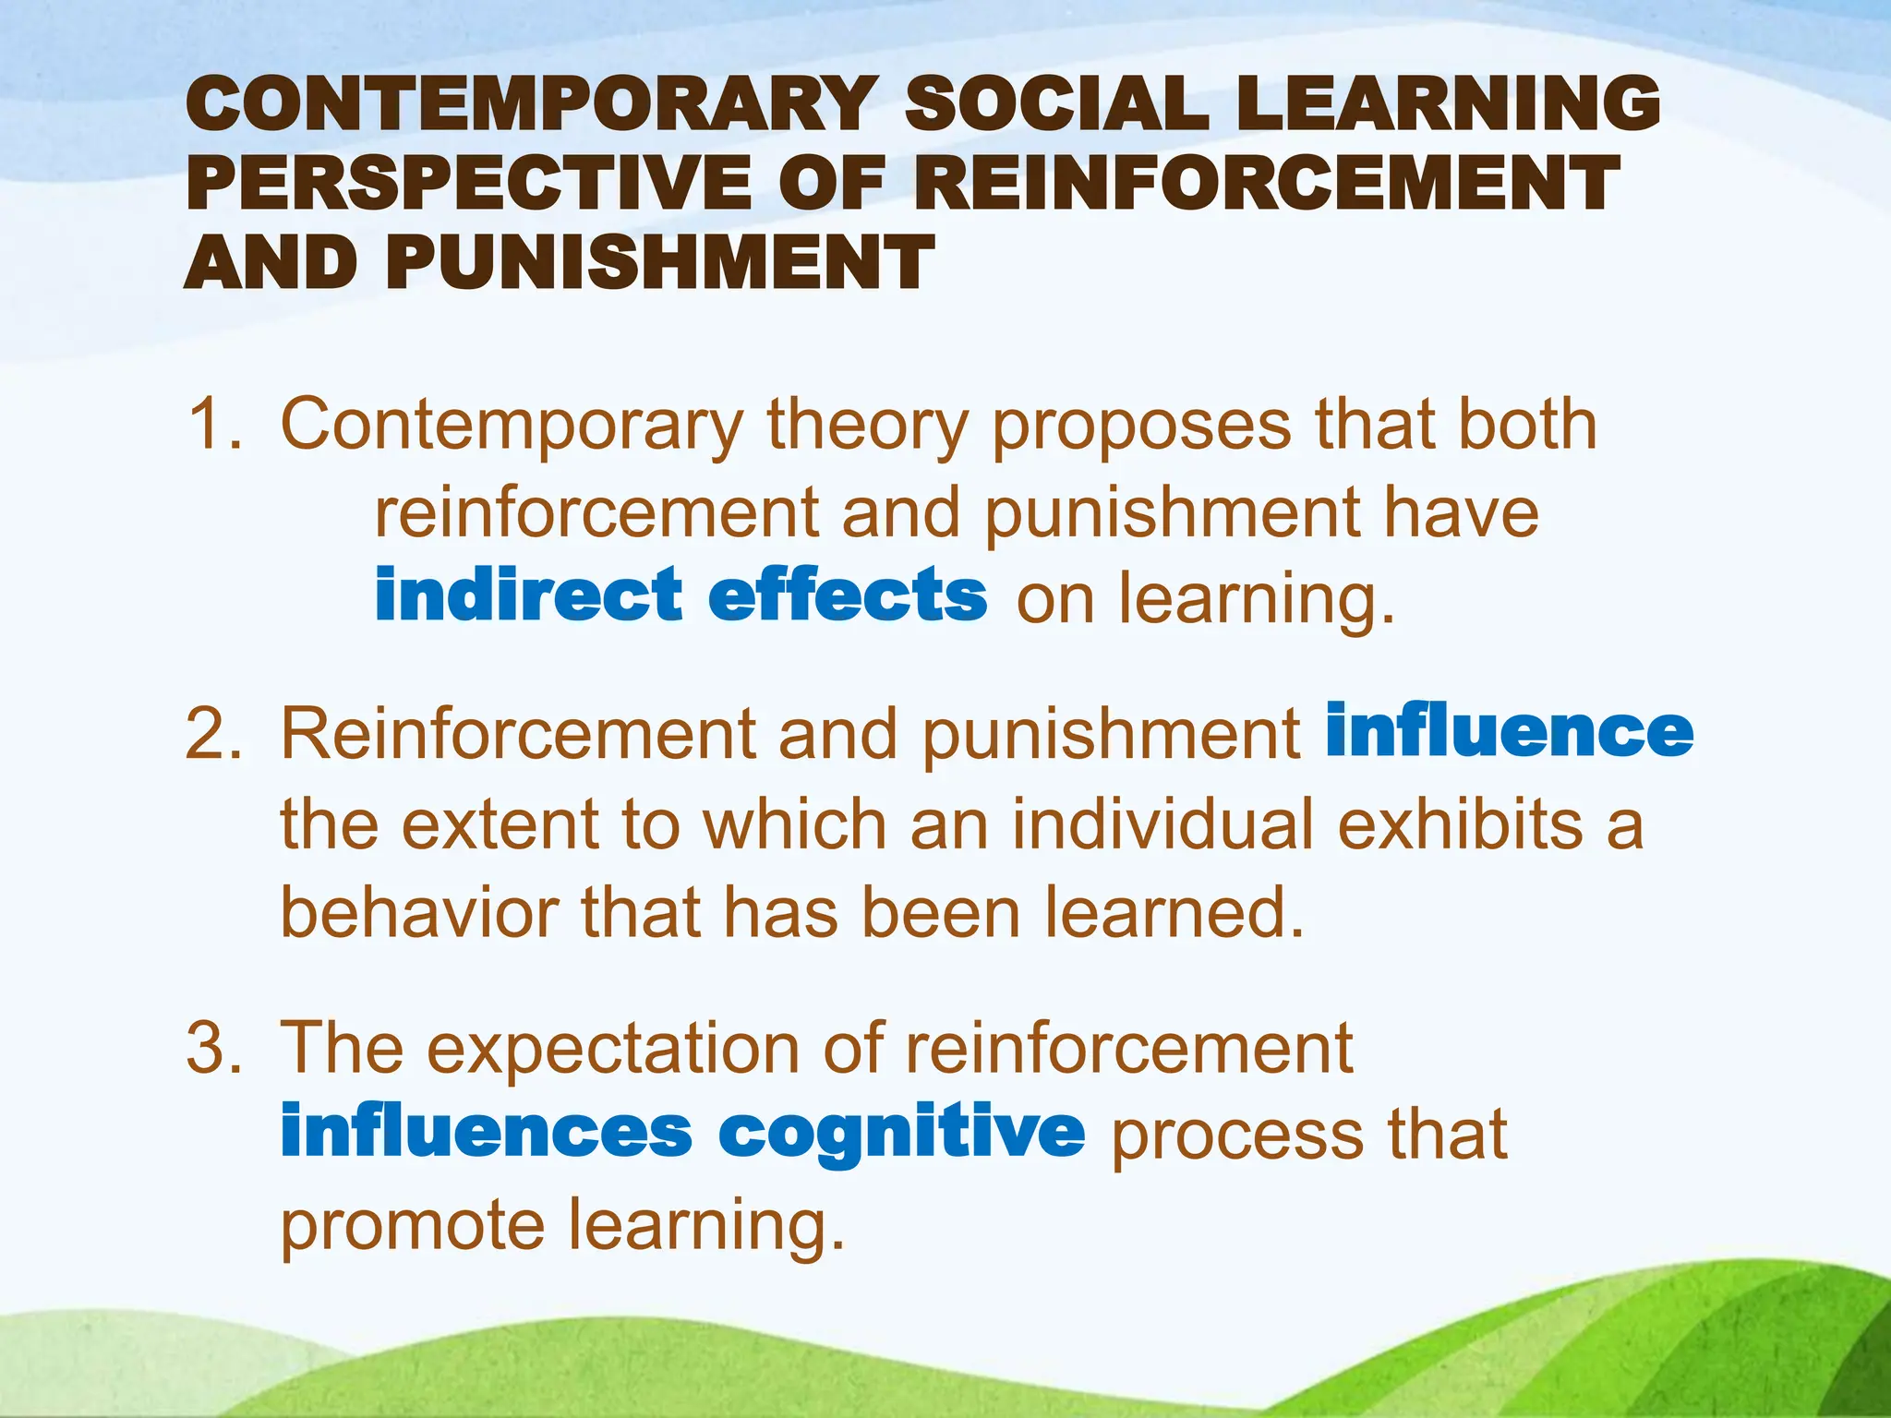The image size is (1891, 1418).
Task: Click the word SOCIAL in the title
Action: click(x=1056, y=103)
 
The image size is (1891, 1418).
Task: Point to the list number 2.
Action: click(x=211, y=735)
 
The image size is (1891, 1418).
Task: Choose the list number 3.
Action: click(x=211, y=1049)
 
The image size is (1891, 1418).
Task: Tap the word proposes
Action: click(x=1141, y=427)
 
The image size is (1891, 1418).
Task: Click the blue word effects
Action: click(x=847, y=595)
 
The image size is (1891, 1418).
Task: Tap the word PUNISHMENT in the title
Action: click(x=660, y=262)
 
